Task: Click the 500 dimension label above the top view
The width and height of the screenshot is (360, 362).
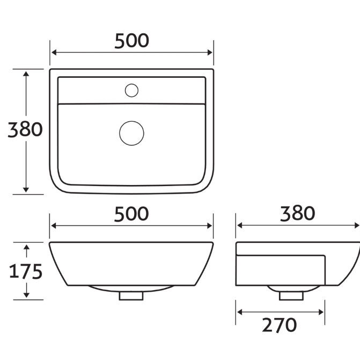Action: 131,41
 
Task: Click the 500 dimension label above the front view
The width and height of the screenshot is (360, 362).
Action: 131,213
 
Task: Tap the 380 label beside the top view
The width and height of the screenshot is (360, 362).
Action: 25,129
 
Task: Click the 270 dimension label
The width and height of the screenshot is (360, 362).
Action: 279,324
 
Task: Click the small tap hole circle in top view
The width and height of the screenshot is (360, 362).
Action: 131,90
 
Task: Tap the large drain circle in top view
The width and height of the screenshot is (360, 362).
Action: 131,132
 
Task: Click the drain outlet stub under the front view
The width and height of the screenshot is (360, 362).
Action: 131,295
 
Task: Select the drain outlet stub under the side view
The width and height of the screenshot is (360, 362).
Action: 291,294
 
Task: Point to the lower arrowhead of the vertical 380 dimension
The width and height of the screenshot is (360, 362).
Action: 26,189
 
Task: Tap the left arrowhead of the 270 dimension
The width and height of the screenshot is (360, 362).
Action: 240,312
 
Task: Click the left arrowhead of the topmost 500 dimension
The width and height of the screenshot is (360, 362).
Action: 54,53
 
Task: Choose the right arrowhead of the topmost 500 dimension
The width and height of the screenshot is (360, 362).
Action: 210,53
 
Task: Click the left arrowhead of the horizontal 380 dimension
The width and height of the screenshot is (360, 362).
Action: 240,225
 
